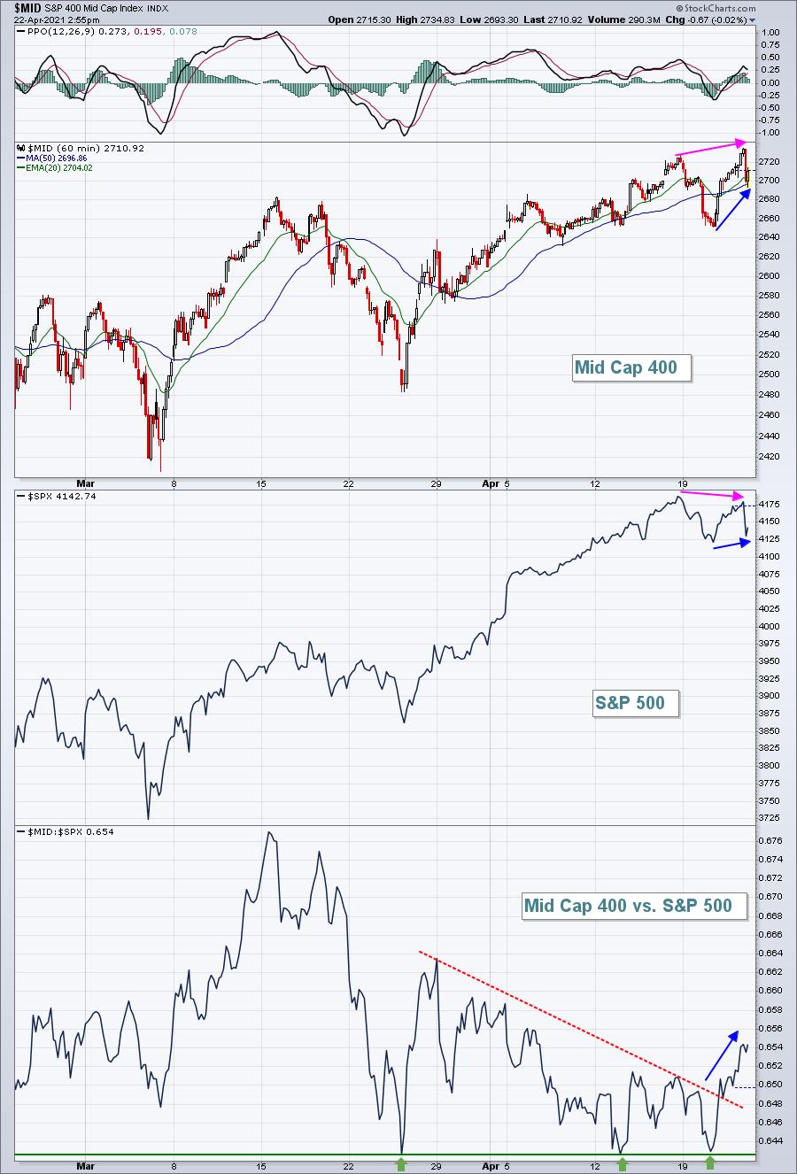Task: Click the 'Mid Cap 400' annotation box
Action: (631, 368)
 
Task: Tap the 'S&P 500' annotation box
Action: (636, 703)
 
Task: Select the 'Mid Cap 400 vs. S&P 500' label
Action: (634, 906)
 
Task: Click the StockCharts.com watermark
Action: (716, 8)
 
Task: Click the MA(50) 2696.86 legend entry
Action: (52, 158)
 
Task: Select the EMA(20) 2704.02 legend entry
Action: (55, 167)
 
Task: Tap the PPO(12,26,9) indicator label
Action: (66, 32)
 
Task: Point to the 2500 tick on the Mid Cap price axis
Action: (770, 375)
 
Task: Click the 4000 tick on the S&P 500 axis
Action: (770, 626)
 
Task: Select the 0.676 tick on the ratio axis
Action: (770, 841)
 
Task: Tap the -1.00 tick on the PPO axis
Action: (770, 133)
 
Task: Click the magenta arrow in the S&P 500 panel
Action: (712, 494)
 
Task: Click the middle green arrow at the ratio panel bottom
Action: (623, 1164)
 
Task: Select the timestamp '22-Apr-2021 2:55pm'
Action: (57, 19)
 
